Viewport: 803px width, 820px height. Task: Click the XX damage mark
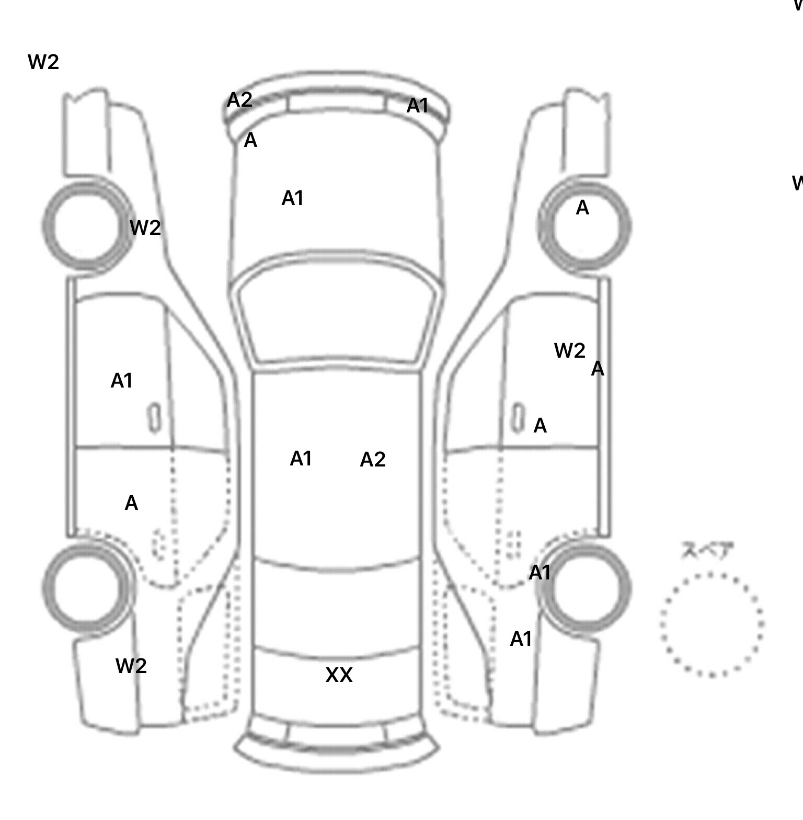339,675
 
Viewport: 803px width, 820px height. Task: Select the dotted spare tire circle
712,624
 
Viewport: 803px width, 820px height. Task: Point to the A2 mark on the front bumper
239,100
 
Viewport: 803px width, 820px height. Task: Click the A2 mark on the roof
373,460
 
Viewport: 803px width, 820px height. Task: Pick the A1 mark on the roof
301,459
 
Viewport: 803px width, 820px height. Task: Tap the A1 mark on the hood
292,198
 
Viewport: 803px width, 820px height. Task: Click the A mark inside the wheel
582,208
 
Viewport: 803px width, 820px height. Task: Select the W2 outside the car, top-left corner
43,62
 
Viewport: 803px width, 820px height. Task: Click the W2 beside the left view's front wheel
145,227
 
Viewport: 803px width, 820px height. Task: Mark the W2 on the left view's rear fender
131,666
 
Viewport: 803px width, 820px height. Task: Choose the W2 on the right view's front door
569,350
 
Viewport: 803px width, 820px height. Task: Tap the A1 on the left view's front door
121,381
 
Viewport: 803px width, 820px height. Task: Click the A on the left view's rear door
131,503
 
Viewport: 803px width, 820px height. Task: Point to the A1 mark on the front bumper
417,106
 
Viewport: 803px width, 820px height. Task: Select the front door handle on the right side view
518,418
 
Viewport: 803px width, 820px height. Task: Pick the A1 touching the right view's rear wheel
540,573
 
